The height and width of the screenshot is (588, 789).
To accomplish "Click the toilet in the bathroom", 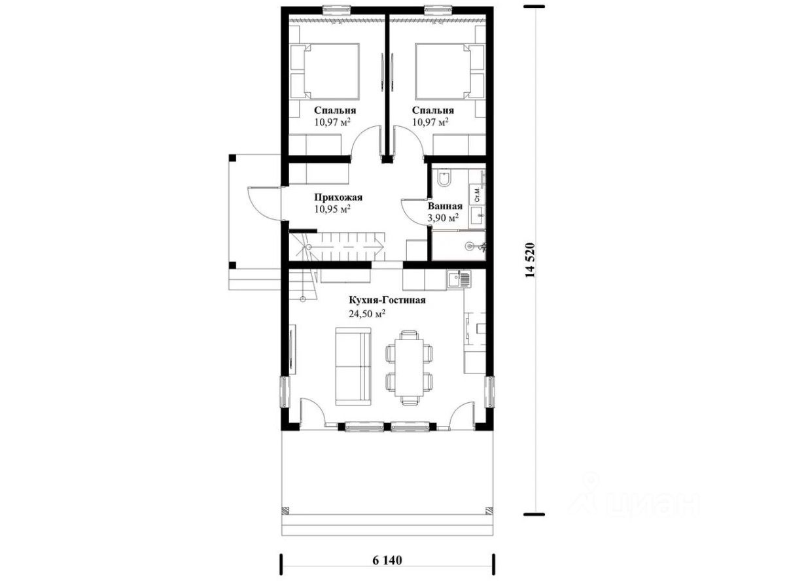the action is click(x=444, y=179).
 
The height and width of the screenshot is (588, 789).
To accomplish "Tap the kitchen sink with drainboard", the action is click(x=459, y=280).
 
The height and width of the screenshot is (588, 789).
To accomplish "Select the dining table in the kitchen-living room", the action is click(x=409, y=368).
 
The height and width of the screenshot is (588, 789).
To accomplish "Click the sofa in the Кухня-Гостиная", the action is click(x=353, y=366).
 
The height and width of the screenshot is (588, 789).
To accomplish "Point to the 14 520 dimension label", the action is click(x=531, y=260).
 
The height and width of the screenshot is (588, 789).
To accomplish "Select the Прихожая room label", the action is click(x=338, y=197).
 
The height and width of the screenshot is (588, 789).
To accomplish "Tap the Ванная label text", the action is click(x=445, y=206).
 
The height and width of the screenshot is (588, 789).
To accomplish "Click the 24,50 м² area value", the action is click(x=367, y=313).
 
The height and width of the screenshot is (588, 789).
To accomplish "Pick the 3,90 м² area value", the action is click(x=443, y=217).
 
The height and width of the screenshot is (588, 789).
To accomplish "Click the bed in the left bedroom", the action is click(x=324, y=71).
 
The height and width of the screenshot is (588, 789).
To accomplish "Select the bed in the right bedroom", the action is click(x=450, y=71).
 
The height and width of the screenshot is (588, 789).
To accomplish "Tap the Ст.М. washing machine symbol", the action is click(x=478, y=195).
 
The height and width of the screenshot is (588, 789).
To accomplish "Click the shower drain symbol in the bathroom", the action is click(x=470, y=246).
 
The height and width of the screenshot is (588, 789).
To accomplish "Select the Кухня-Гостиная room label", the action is click(x=387, y=300).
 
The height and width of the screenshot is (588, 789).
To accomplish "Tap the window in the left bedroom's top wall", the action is click(x=336, y=9).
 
